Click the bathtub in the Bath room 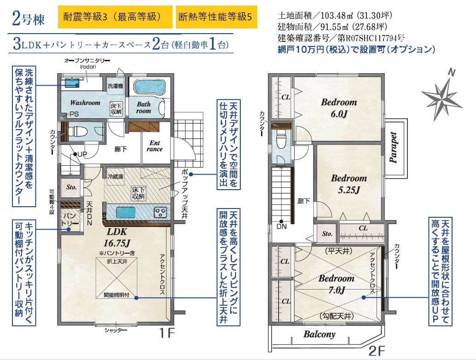click(x=149, y=87)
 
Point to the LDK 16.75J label click(x=117, y=237)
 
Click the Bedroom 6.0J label click(x=339, y=108)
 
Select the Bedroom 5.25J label click(x=349, y=184)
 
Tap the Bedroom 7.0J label click(x=337, y=284)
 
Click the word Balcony click(x=319, y=334)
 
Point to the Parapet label click(x=394, y=148)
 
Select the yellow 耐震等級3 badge click(x=115, y=17)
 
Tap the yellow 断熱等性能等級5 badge click(x=216, y=17)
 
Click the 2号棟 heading click(x=28, y=18)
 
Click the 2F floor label click(x=377, y=351)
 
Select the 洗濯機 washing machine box click(x=116, y=87)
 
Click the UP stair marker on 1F click(x=80, y=154)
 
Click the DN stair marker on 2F click(x=281, y=225)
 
